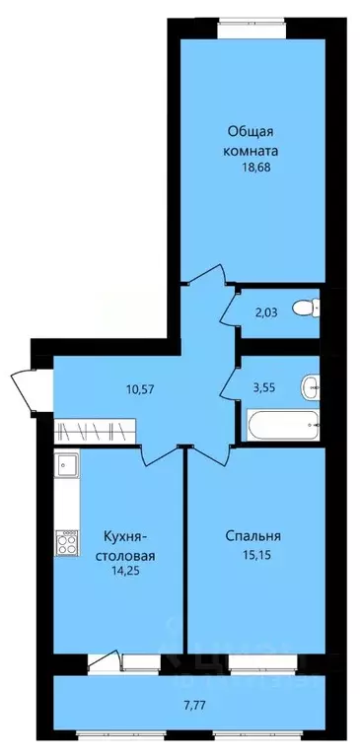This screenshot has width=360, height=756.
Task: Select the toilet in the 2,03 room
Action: click(x=311, y=308)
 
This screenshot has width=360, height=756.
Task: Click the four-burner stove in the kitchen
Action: click(x=68, y=543)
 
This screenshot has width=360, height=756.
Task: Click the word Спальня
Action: click(x=252, y=537)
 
